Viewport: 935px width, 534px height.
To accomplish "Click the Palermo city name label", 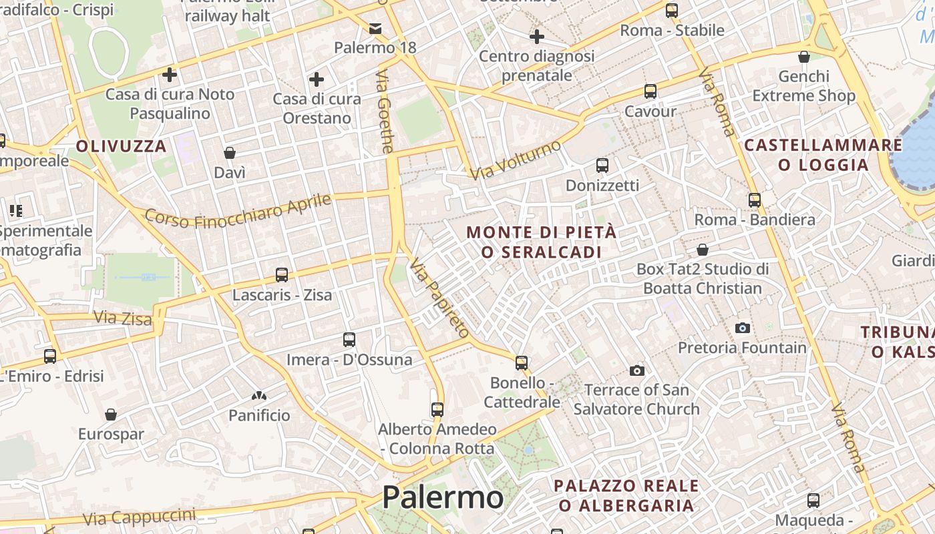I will [x=442, y=497].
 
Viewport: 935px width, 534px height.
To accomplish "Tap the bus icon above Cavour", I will [x=650, y=91].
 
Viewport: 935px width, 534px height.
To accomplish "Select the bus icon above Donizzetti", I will [x=602, y=165].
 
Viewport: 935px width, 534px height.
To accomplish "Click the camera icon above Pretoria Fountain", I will [x=742, y=328].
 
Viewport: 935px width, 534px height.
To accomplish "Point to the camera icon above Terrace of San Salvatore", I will [x=637, y=370].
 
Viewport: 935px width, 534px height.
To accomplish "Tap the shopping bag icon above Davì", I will [x=230, y=153].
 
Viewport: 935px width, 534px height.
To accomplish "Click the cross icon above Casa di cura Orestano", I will [x=317, y=80].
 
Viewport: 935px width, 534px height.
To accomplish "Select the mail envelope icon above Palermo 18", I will [x=375, y=28].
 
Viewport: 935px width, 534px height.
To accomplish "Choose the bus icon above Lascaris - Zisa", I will [x=282, y=274].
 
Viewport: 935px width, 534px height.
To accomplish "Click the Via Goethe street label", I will [x=385, y=111].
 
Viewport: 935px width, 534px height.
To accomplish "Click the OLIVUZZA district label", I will [x=121, y=146].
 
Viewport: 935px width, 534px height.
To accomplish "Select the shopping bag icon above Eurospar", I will [x=111, y=415].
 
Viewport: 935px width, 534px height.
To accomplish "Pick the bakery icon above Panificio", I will [x=259, y=396].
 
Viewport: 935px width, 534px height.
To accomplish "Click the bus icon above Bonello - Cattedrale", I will [x=522, y=363].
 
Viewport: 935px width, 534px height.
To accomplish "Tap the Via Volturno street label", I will [x=516, y=160].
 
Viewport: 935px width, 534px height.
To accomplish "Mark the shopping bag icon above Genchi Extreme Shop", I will [x=804, y=57].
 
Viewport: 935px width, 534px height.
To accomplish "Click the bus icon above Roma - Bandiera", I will [x=755, y=200].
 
